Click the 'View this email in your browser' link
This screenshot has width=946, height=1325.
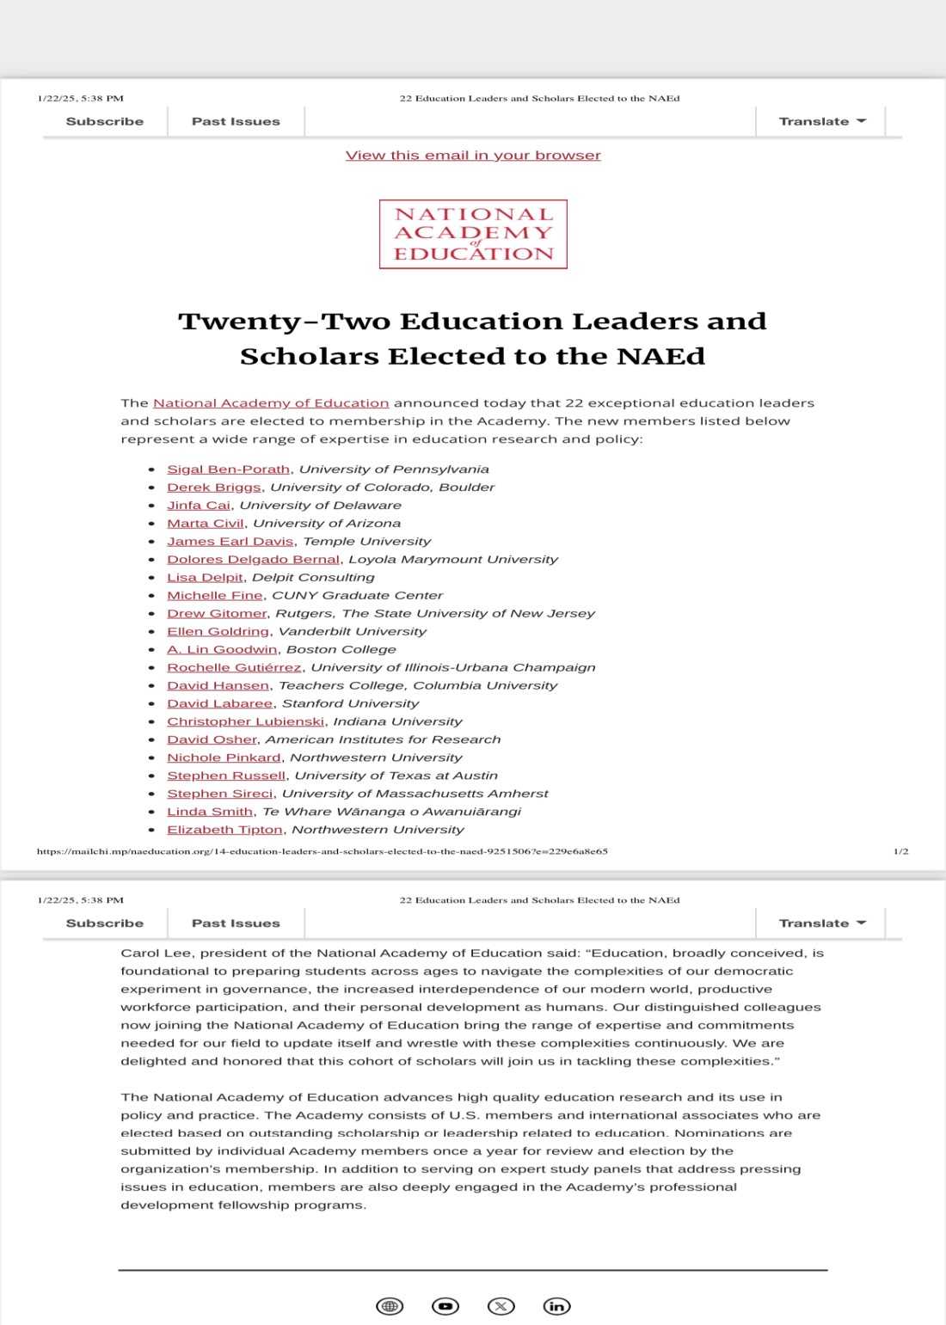[473, 156]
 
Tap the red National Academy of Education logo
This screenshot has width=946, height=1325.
[473, 235]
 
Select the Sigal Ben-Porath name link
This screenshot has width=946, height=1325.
[228, 469]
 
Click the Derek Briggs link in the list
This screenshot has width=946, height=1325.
[213, 488]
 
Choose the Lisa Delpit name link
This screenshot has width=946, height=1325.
[206, 578]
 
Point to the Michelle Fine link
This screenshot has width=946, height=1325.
[214, 596]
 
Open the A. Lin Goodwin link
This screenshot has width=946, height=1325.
[222, 650]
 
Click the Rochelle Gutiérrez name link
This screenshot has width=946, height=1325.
[234, 668]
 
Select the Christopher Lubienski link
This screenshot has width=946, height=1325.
[245, 722]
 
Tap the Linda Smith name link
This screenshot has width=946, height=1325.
[210, 812]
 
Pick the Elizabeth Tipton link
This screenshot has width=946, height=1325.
[224, 830]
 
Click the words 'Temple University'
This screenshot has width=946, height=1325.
[367, 542]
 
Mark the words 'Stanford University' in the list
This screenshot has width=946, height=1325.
[350, 704]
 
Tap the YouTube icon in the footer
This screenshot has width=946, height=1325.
[445, 1306]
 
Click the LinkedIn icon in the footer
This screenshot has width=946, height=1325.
[556, 1306]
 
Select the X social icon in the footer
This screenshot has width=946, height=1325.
[501, 1306]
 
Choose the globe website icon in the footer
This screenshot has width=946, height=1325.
[390, 1306]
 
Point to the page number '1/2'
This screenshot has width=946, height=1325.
[900, 851]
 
